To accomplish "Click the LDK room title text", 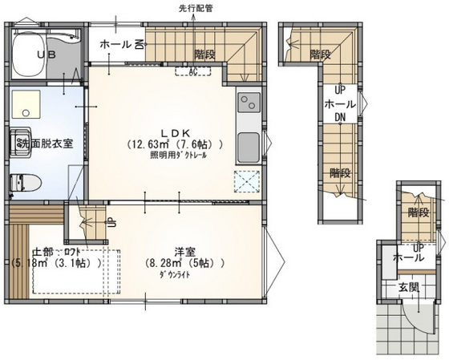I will click(177, 132).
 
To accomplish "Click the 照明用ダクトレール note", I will click(178, 156).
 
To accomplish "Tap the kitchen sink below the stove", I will click(249, 147).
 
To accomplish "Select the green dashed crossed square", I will click(245, 182).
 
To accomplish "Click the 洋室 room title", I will click(177, 249).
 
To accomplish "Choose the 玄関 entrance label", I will click(407, 287).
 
